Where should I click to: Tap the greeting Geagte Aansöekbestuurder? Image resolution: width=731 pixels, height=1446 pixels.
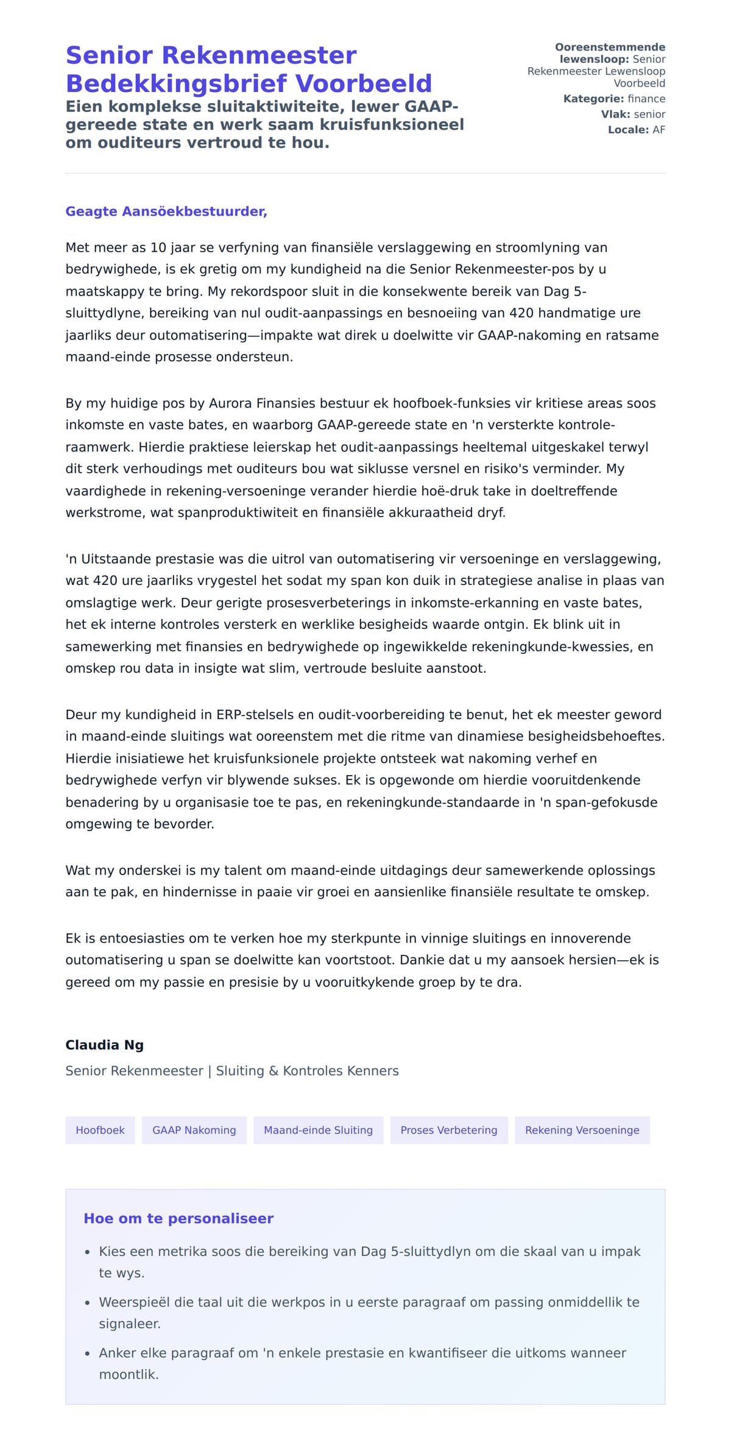166,211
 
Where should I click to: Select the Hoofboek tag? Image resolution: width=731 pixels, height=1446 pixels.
100,1130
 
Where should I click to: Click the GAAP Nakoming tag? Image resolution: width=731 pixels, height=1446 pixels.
194,1130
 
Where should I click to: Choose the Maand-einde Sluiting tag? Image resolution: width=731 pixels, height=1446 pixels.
318,1130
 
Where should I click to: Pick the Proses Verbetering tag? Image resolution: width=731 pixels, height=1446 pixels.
448,1130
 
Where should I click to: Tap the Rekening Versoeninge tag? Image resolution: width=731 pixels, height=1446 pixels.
582,1130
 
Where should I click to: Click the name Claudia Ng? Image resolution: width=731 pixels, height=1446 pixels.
104,1044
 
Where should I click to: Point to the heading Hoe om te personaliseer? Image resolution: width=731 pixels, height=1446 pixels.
178,1218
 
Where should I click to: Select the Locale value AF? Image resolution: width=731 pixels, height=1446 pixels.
659,130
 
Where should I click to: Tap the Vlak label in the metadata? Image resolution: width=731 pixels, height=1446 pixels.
615,114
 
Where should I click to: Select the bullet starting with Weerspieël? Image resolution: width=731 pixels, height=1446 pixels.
369,1302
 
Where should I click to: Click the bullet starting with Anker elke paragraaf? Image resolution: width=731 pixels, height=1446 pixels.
362,1353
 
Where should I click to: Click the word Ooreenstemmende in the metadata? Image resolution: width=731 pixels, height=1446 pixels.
610,47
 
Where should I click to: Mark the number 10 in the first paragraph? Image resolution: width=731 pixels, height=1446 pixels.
158,247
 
